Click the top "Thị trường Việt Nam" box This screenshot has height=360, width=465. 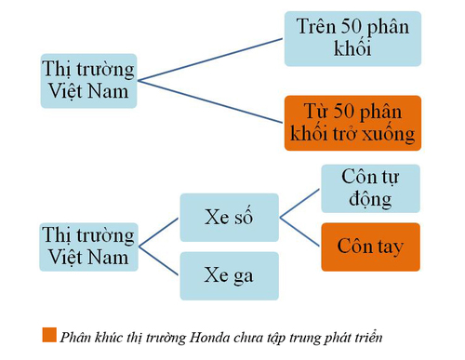point(89,82)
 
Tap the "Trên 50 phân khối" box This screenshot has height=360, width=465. point(352,38)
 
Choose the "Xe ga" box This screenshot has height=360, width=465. point(228,275)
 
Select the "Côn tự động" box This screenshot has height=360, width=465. point(370,189)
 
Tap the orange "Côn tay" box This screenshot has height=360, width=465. point(370,247)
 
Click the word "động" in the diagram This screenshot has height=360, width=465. point(370,200)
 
